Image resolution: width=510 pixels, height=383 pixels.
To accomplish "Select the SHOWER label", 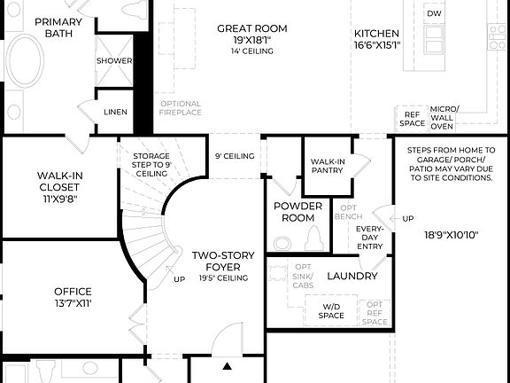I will point(114,61).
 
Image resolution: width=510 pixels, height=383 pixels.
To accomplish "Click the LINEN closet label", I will point(114,112).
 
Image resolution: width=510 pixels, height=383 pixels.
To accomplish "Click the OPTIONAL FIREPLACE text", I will point(181,108).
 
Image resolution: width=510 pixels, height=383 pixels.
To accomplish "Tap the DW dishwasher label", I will point(434,13).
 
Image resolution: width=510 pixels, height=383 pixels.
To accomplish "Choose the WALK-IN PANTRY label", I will point(327,167).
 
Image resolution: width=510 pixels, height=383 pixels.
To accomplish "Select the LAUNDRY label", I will point(352,276).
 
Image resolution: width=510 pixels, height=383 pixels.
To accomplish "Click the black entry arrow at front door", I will point(227,365).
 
